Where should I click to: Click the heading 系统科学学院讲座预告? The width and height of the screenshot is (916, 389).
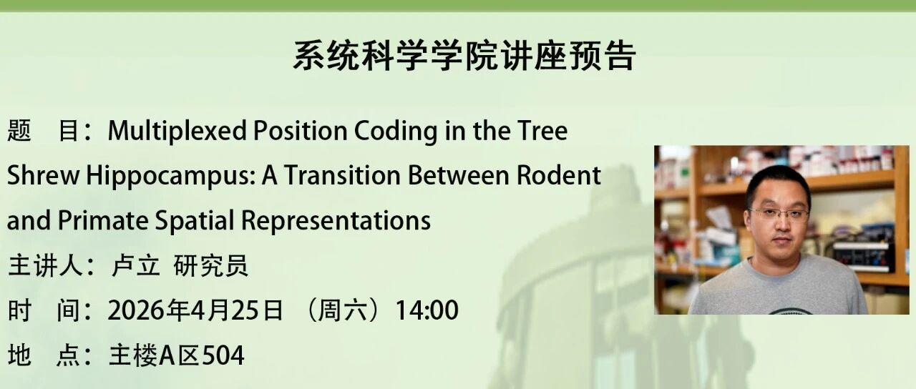(464, 56)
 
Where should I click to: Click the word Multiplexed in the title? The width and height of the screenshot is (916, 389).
(177, 131)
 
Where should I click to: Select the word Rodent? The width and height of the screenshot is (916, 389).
(558, 175)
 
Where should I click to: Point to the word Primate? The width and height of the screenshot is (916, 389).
(103, 221)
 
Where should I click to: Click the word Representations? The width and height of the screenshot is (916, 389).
(336, 221)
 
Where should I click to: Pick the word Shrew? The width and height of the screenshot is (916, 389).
(43, 175)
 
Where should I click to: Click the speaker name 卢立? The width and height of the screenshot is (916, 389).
(135, 265)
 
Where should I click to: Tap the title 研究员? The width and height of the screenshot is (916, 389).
(210, 265)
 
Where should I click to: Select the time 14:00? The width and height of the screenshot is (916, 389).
(427, 310)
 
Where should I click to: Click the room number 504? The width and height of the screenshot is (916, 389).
(223, 355)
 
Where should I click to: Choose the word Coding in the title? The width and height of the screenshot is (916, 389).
(396, 131)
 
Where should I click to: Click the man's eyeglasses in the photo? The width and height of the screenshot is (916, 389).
(779, 213)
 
